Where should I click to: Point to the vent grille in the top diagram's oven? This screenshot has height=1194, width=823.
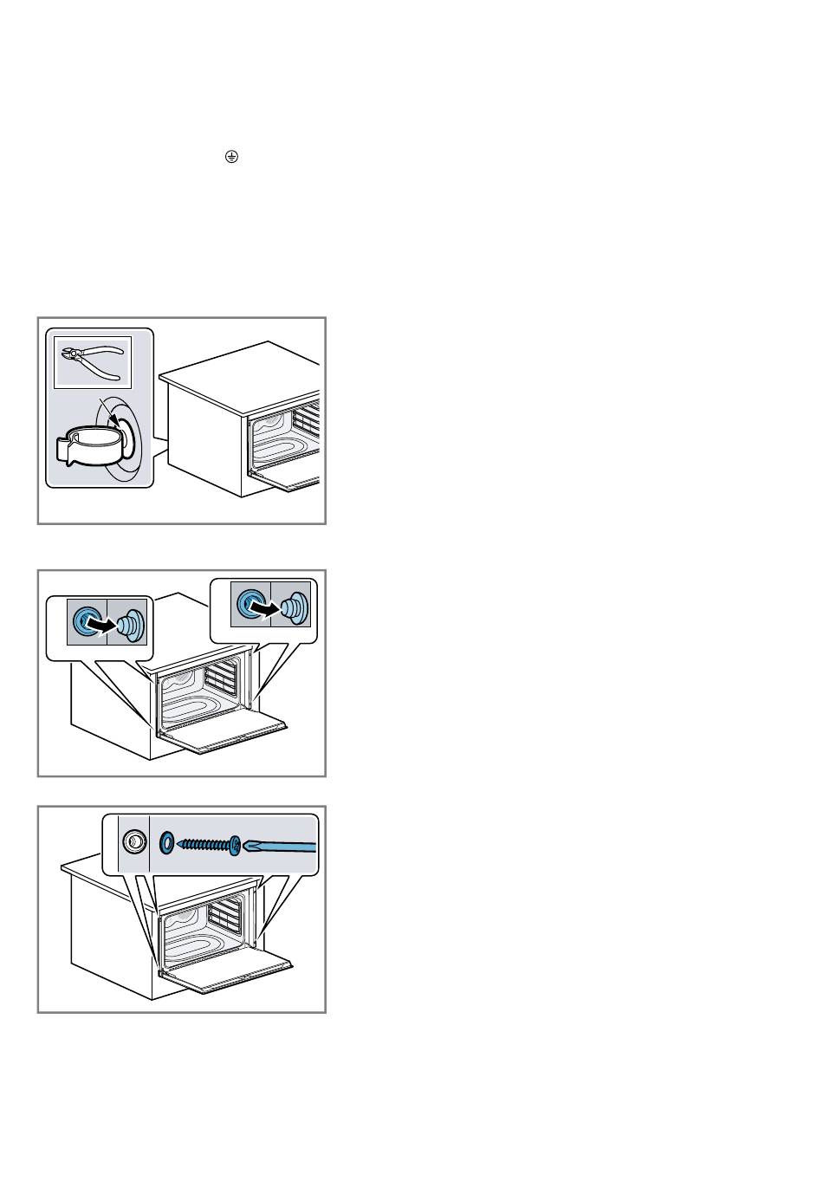[308, 418]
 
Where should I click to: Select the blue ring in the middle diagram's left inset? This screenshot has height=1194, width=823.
[86, 620]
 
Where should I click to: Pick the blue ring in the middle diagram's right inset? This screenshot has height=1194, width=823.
[250, 603]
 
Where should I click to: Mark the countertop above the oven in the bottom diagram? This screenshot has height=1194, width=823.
[82, 865]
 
